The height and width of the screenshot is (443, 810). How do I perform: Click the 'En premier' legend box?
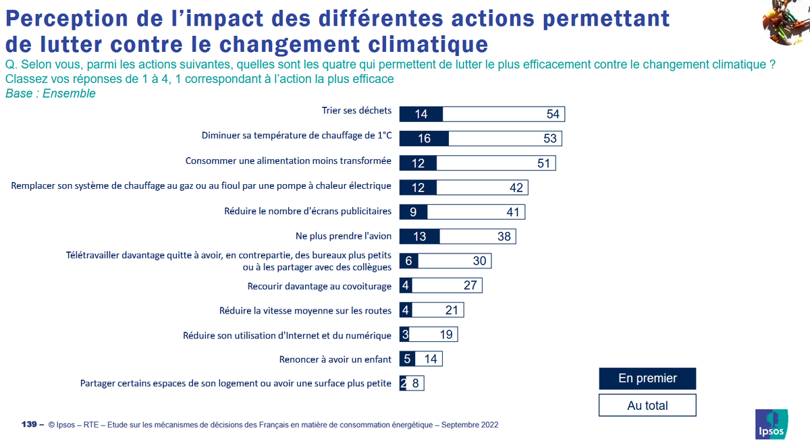coord(647,378)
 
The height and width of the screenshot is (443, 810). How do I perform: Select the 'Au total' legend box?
coord(647,405)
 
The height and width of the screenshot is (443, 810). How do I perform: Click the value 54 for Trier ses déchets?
coord(553,114)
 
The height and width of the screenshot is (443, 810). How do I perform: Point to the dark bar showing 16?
coord(424,138)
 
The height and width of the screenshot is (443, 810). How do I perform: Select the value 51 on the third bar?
coord(544,163)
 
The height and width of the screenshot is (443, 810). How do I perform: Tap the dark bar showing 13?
coord(419,237)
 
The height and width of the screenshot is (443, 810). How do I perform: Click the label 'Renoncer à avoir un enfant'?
coord(335,359)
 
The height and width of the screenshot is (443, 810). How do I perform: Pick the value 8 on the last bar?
coord(416,384)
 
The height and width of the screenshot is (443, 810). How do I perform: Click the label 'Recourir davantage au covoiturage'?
coord(319,286)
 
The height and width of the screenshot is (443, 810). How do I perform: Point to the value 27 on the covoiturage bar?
coord(470,285)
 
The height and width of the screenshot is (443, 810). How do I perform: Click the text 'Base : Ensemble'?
coord(51,94)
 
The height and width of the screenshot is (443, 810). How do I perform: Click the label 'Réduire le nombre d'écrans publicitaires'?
coord(308,211)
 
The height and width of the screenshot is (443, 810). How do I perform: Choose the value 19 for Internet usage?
coord(446,334)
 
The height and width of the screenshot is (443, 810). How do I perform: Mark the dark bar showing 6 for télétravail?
coord(407,261)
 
